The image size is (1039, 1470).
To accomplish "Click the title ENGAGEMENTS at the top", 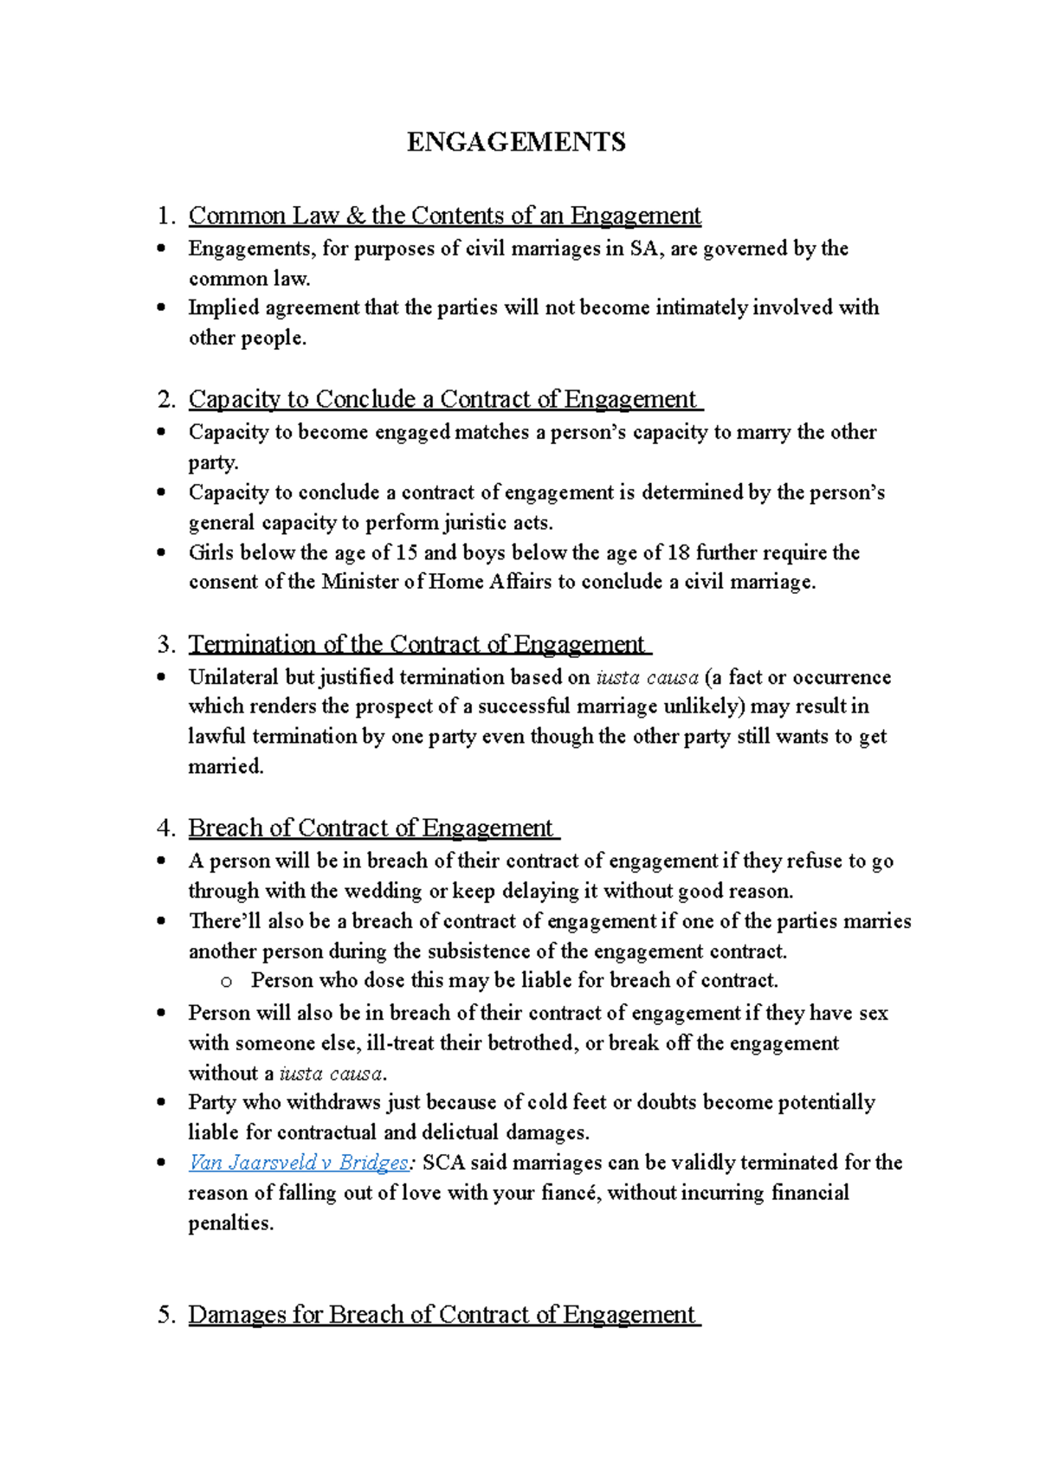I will point(516,142).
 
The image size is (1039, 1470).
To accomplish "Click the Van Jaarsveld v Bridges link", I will point(298,1163).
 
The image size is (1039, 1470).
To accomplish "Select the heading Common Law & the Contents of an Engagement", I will point(444,216).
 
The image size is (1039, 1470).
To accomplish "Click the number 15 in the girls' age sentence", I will point(406,552).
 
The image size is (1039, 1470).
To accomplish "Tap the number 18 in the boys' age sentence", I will point(678,552).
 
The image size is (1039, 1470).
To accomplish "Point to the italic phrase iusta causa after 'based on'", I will point(648,677).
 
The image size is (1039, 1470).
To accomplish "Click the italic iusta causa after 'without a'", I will point(331,1073).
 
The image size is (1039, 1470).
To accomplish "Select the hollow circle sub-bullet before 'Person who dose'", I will point(227,982).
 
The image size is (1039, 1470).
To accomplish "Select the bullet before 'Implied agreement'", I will point(160,307).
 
